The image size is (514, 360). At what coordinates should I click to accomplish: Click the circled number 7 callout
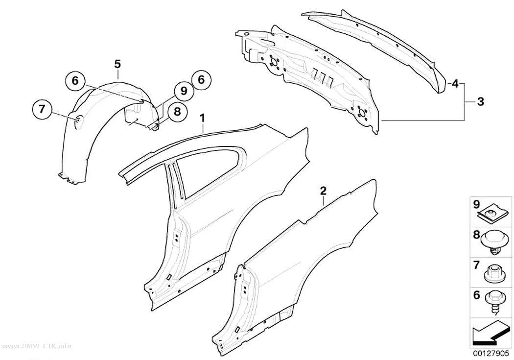[42, 108]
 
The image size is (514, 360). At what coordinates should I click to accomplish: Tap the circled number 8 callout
[177, 112]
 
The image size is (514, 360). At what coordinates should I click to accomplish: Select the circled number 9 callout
[184, 91]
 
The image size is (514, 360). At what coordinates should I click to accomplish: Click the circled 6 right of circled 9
[201, 80]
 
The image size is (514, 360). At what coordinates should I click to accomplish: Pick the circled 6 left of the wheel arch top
[75, 80]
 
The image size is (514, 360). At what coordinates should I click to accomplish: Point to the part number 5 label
[117, 64]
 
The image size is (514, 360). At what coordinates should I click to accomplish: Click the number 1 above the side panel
[203, 118]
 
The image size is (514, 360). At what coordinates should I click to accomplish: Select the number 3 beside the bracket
[480, 102]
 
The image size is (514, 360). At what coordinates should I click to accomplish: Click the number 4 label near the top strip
[455, 84]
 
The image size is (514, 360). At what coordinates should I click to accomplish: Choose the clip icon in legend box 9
[490, 215]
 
